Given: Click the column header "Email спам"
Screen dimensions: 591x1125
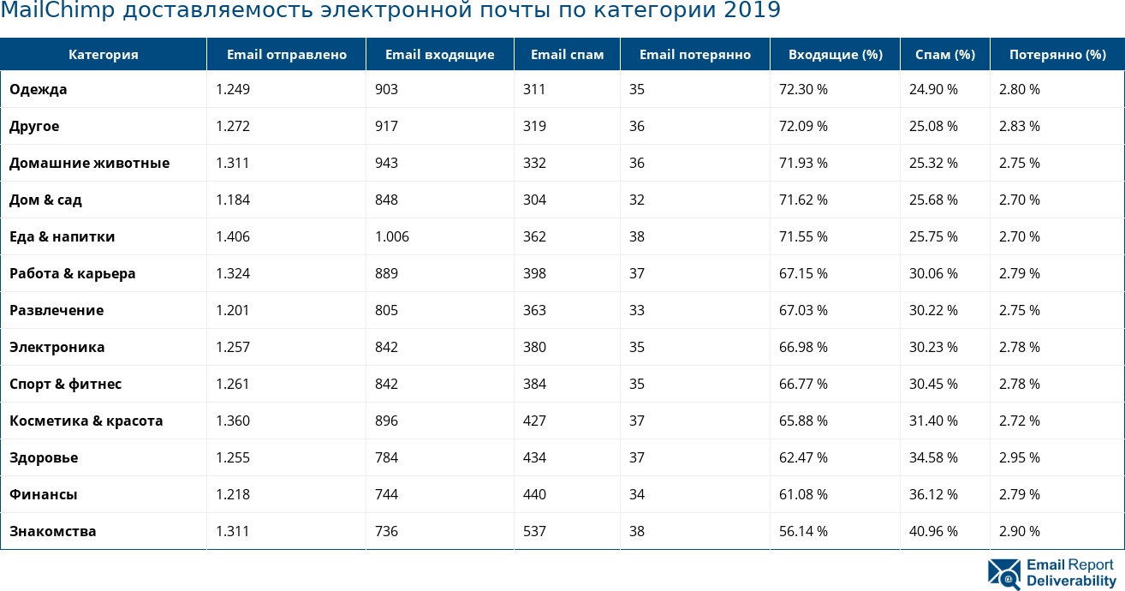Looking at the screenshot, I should pos(567,55).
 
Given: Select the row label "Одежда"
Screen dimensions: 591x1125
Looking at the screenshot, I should pos(39,89).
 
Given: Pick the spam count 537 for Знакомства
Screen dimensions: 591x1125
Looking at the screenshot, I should pos(534,531).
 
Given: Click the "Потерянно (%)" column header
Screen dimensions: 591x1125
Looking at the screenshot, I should pos(1057,55).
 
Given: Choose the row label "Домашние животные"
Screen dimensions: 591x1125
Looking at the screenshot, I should pos(90,163).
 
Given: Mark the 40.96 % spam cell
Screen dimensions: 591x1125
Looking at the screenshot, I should pos(933,531).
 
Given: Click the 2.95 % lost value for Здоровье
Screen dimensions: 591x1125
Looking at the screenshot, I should pos(1020,457).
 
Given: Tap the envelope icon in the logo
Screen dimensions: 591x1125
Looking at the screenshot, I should pos(1004,574).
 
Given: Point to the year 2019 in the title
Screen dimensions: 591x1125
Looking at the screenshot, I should pos(752,10).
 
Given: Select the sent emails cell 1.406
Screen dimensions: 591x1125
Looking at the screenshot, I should pos(233,236).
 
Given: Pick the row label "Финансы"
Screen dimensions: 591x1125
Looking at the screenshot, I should pos(44,494).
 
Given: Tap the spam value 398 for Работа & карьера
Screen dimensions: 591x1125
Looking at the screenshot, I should pos(534,273).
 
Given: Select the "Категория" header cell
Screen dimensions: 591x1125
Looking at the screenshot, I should pos(104,55).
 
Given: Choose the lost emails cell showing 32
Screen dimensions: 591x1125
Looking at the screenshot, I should pos(637,200).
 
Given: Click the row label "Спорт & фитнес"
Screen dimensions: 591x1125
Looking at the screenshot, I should pos(66,384).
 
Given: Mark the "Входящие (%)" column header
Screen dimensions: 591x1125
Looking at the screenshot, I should pos(835,55).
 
